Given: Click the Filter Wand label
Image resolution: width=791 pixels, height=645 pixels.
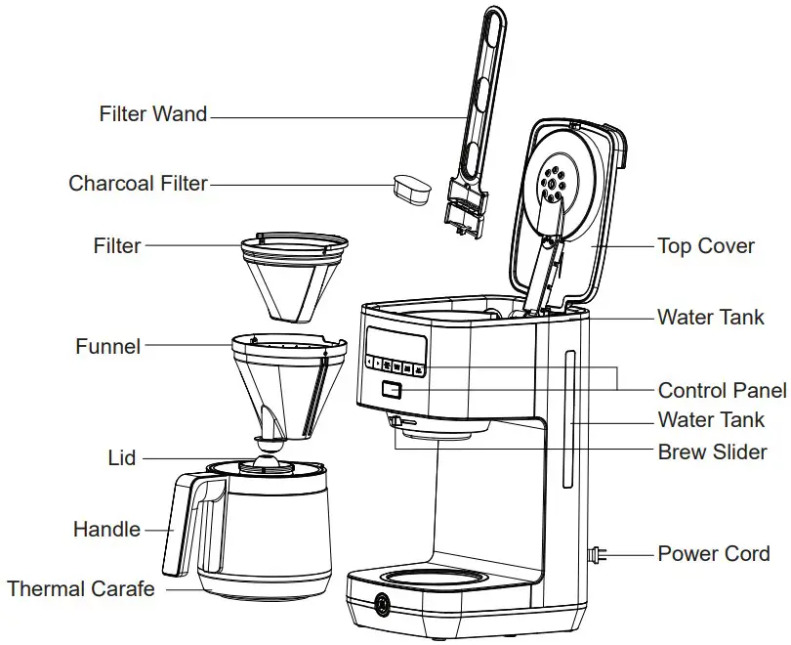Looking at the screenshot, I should click(x=153, y=114).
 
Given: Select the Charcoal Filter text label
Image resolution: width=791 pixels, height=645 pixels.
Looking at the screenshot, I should click(x=138, y=184).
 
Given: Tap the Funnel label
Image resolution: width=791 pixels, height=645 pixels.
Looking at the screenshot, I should click(x=107, y=347).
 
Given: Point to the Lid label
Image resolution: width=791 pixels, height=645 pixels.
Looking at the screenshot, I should click(x=122, y=458).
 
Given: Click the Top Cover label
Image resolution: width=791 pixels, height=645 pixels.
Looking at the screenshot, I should click(x=705, y=246).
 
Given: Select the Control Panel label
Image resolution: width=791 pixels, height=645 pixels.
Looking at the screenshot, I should click(x=722, y=391).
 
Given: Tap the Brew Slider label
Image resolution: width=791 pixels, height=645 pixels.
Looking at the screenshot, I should click(x=712, y=453).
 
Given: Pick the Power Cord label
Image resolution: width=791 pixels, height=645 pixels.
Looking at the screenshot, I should click(x=713, y=554).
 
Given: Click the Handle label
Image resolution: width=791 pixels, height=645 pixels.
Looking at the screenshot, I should click(x=106, y=530).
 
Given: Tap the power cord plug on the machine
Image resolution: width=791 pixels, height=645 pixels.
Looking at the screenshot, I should click(x=595, y=555).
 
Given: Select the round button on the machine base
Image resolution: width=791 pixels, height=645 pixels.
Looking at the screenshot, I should click(x=380, y=605).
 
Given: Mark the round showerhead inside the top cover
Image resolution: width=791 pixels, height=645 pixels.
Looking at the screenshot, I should click(x=555, y=181).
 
